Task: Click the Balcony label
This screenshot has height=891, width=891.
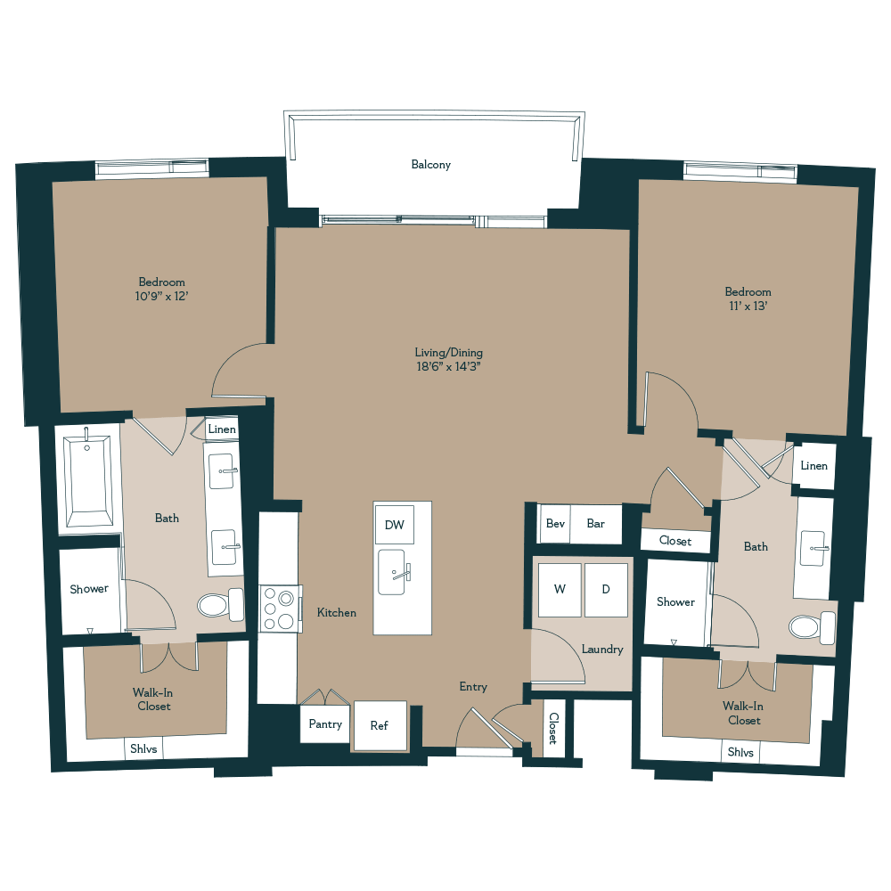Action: coord(430,165)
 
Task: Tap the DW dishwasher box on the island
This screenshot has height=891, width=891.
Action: coord(394,525)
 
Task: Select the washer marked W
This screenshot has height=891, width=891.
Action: coord(559,589)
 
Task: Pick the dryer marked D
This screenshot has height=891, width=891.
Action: coord(605,589)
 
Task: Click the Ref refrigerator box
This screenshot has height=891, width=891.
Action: coord(380,725)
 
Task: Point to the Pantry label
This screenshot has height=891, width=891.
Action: coord(325,723)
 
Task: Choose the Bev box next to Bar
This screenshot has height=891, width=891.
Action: coord(555,524)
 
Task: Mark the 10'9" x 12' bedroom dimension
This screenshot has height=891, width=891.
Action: coord(161,298)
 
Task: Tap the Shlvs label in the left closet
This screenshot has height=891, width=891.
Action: coord(143,749)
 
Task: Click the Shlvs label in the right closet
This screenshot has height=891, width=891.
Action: coord(740,752)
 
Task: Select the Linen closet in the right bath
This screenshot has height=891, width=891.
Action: coord(813,466)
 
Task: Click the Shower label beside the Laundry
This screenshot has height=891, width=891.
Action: coord(675,602)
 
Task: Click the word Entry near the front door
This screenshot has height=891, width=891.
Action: coord(473,687)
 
